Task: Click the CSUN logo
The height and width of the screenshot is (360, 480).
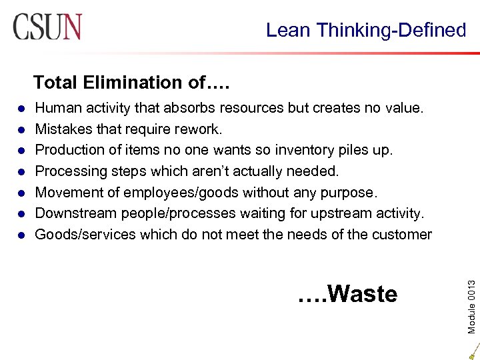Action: pyautogui.click(x=47, y=27)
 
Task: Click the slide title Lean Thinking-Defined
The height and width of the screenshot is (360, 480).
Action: pyautogui.click(x=365, y=30)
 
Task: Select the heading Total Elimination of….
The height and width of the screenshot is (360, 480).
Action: pyautogui.click(x=131, y=83)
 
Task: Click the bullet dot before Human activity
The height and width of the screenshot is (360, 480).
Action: pyautogui.click(x=21, y=108)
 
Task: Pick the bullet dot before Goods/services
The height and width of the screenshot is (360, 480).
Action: pyautogui.click(x=21, y=235)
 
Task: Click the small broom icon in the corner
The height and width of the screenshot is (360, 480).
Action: pyautogui.click(x=473, y=349)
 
